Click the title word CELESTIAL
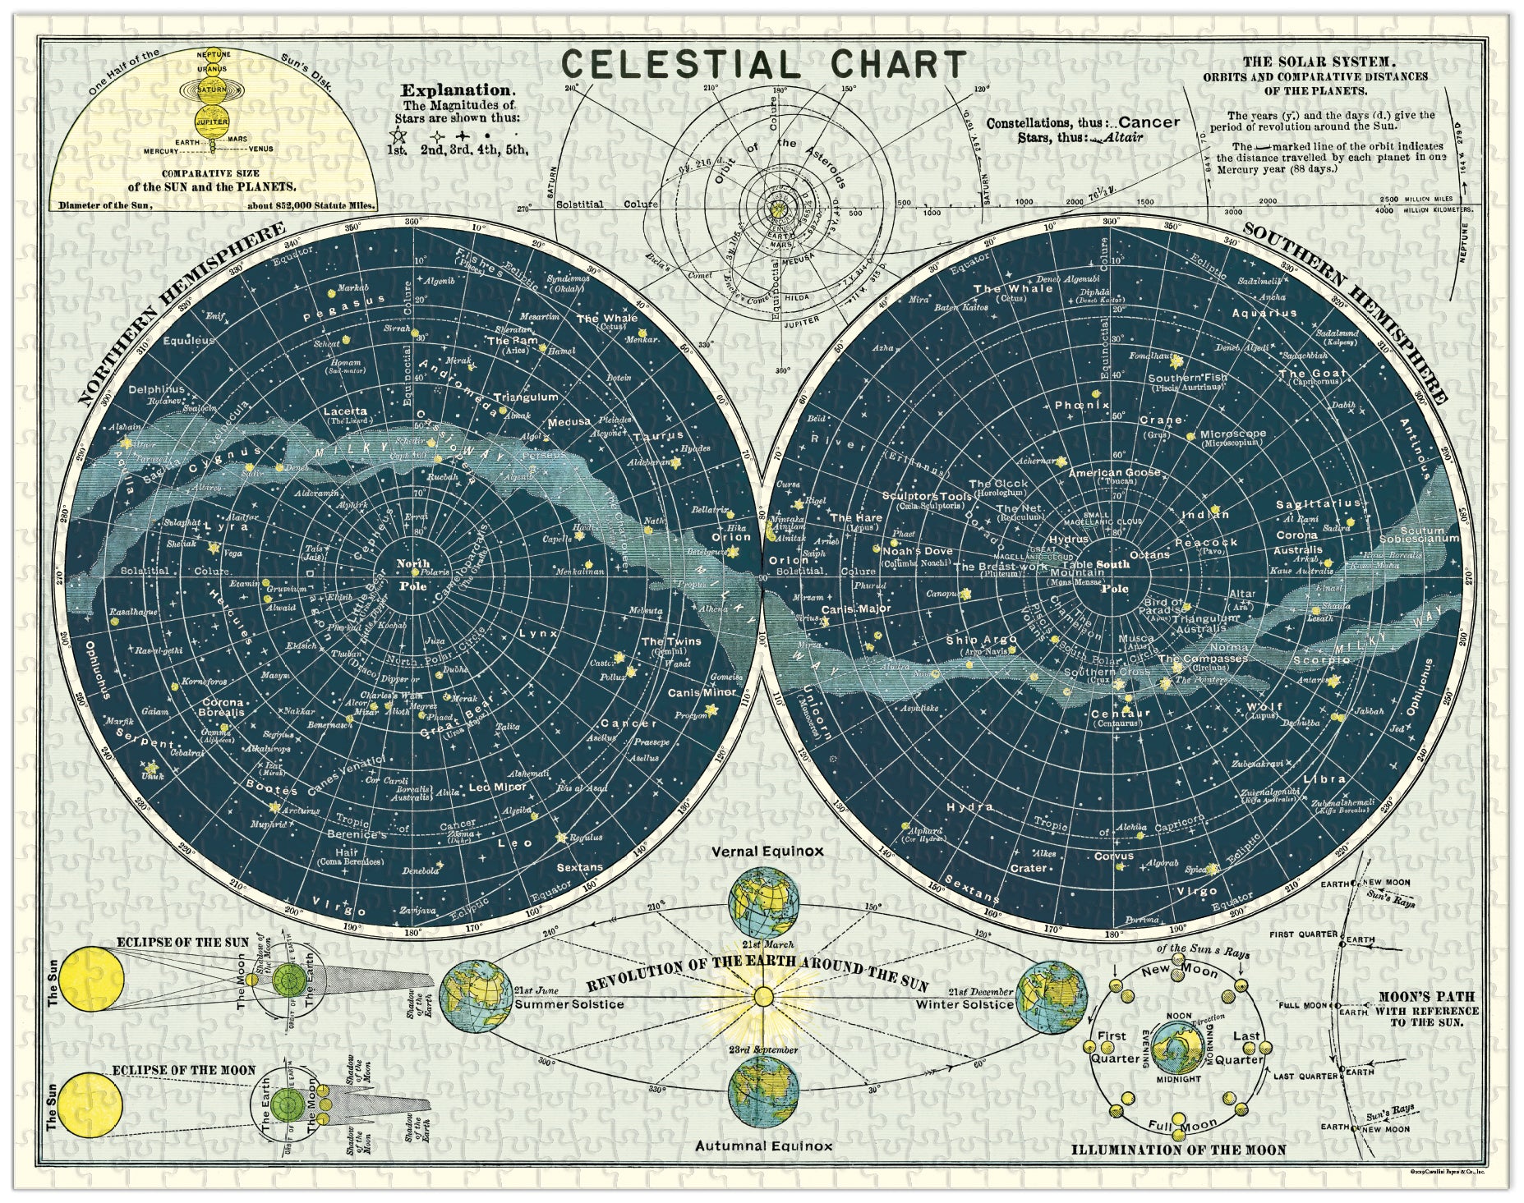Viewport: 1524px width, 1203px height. click(x=680, y=65)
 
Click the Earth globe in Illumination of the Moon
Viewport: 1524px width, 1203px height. click(x=1177, y=1045)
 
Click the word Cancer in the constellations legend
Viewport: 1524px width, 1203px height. click(x=1149, y=122)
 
